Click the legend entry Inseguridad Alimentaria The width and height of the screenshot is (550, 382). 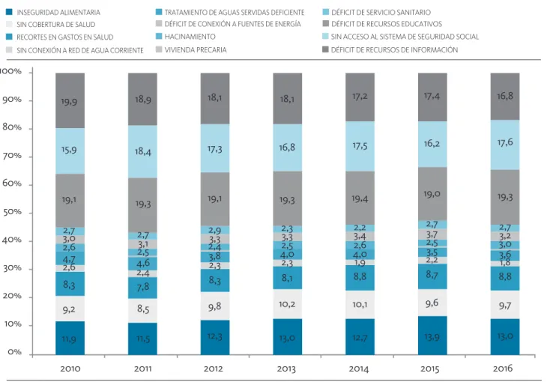coord(53,12)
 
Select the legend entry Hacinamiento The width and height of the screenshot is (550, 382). coord(186,37)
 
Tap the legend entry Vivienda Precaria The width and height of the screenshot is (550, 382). coord(191,50)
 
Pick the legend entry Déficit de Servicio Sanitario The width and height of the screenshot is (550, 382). coord(376,12)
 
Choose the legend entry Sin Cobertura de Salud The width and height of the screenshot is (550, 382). coord(50,25)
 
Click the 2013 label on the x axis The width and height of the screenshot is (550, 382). coord(286,369)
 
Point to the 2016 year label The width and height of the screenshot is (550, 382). coord(503,369)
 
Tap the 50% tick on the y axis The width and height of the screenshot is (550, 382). coord(12,212)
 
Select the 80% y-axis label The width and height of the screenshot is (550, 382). coord(12,127)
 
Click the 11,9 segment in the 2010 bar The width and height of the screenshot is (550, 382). coord(70,338)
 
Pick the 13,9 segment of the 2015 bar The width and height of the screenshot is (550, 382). coord(432,336)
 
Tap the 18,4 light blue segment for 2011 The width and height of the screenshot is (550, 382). coord(142,151)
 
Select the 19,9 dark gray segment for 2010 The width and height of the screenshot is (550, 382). coord(70,100)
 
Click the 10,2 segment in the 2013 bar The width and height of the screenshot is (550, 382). coord(288,304)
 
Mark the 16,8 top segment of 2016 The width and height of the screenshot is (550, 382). coord(505,97)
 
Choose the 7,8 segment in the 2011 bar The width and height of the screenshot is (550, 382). coord(142,288)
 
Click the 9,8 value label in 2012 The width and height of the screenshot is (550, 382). coord(214,306)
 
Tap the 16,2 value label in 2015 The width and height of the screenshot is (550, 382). coord(432,144)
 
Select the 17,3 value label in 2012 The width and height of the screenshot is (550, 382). coord(214,150)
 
